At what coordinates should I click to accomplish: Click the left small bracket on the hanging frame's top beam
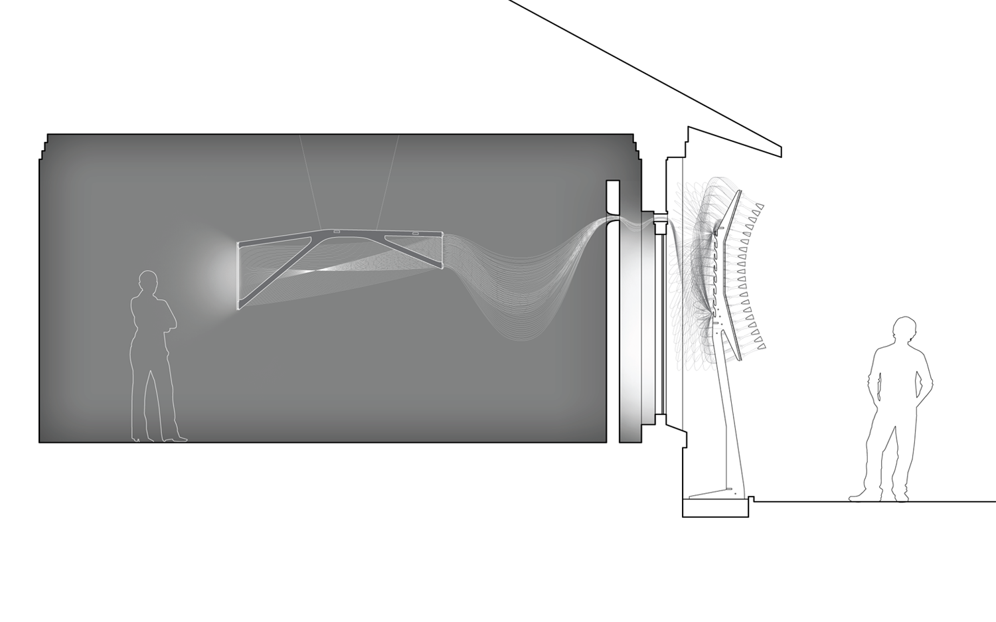tap(337, 232)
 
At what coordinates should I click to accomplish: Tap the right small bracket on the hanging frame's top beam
tap(416, 232)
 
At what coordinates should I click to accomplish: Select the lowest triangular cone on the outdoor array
tap(762, 346)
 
